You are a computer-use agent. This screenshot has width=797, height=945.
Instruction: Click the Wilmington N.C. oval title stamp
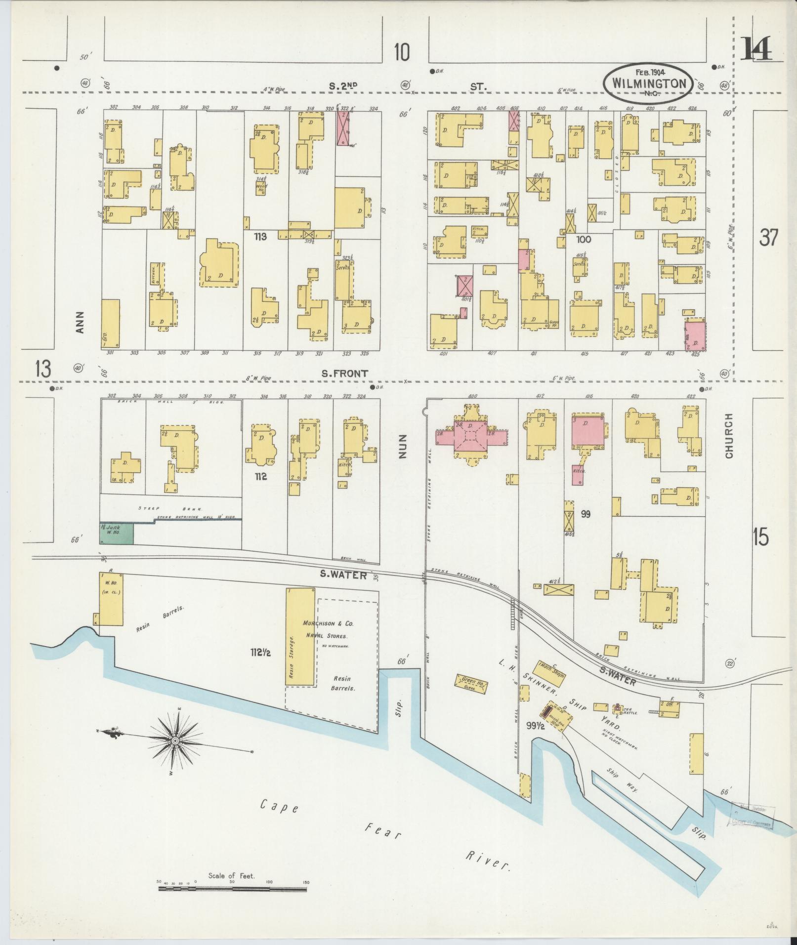tap(648, 83)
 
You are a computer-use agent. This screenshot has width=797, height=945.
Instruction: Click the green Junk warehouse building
tap(117, 534)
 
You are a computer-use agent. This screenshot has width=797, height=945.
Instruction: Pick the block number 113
tap(260, 237)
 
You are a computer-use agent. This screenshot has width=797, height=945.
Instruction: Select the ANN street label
tap(81, 322)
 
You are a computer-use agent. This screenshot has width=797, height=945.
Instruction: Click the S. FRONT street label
tap(344, 374)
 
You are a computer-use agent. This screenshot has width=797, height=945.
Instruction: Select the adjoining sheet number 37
tap(769, 239)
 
